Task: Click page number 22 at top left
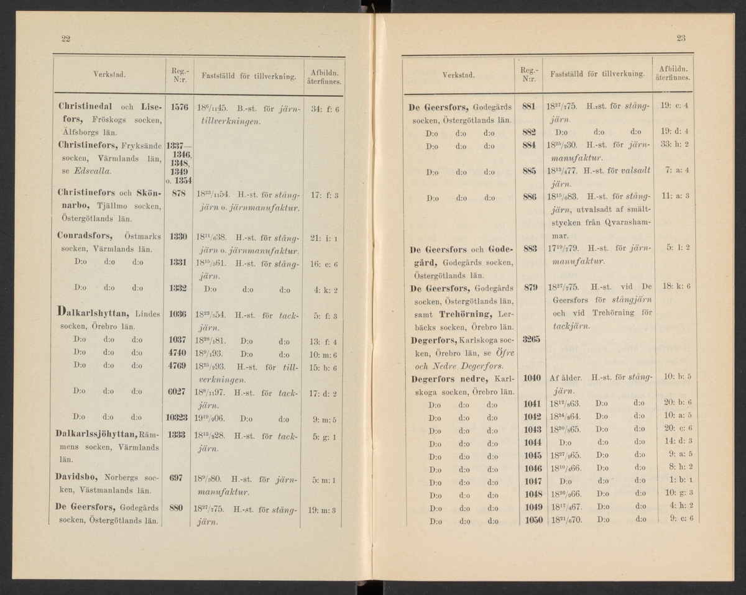point(65,39)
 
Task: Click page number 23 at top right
point(681,39)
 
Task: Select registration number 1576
point(178,107)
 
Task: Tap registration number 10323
point(178,417)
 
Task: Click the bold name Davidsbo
point(76,479)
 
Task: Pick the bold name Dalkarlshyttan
point(92,314)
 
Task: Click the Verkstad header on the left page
point(109,75)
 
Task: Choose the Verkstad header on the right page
point(458,75)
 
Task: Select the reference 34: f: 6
point(323,107)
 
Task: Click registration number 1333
point(178,435)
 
